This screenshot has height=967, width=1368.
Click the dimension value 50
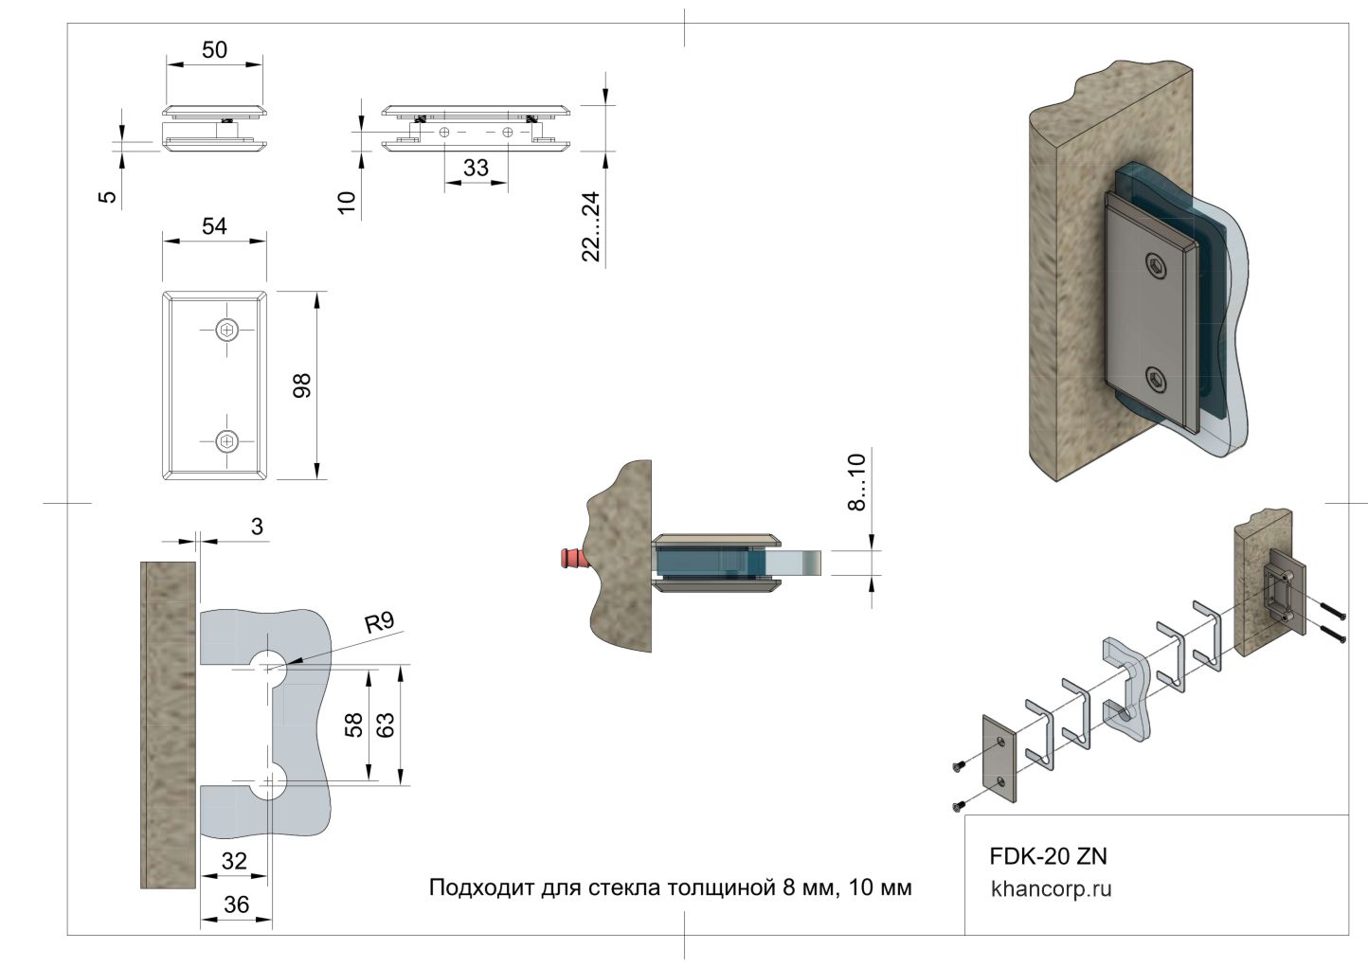pyautogui.click(x=215, y=49)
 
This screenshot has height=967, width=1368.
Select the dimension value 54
pyautogui.click(x=215, y=225)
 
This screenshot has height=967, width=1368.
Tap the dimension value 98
pyautogui.click(x=301, y=385)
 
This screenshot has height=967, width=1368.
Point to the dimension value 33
pyautogui.click(x=476, y=167)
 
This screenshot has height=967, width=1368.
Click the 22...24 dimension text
pyautogui.click(x=590, y=226)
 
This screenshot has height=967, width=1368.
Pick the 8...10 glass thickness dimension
pyautogui.click(x=856, y=482)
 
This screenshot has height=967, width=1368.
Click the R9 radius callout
pyautogui.click(x=379, y=622)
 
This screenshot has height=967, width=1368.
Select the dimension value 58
pyautogui.click(x=354, y=725)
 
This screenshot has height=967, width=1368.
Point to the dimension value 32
pyautogui.click(x=233, y=860)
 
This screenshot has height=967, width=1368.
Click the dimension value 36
pyautogui.click(x=236, y=904)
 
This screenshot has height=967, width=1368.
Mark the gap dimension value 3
pyautogui.click(x=257, y=527)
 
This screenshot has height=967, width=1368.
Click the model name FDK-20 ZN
pyautogui.click(x=1048, y=856)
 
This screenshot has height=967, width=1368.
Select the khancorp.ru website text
pyautogui.click(x=1051, y=889)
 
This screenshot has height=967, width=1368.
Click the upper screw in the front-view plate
pyautogui.click(x=227, y=330)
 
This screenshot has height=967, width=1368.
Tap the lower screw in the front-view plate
pyautogui.click(x=227, y=440)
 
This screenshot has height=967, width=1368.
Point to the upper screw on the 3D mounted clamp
pyautogui.click(x=1155, y=266)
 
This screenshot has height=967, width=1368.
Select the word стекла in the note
pyautogui.click(x=626, y=887)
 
